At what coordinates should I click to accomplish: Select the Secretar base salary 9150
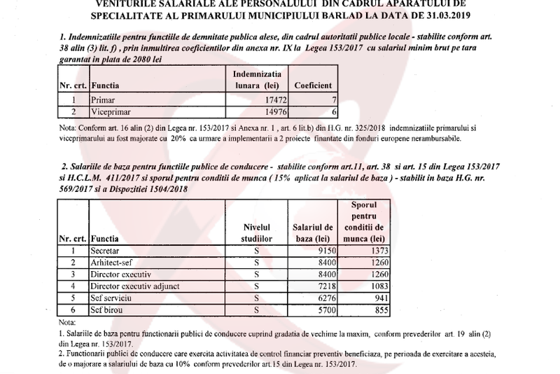[326, 250]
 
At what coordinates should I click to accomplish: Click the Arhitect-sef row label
[113, 262]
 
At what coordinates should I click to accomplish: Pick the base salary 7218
[326, 286]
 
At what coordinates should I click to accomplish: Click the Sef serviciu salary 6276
[326, 298]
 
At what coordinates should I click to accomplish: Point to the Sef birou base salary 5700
[326, 310]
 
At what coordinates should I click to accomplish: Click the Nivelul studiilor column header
[256, 232]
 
